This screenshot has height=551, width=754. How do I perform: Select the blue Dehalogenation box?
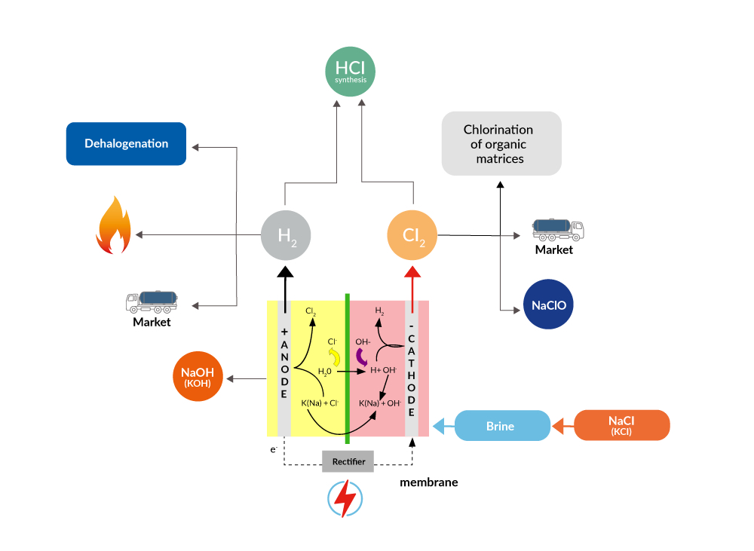(x=126, y=143)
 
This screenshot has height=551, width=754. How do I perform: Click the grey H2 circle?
(x=286, y=236)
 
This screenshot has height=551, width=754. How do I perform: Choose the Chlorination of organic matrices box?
(x=501, y=144)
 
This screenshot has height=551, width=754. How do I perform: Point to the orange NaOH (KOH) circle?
(x=197, y=377)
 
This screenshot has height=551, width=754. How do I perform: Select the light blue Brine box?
(x=500, y=426)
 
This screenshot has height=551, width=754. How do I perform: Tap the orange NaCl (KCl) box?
(x=622, y=425)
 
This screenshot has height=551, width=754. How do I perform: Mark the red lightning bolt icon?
(x=345, y=498)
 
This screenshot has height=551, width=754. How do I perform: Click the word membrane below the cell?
(x=428, y=482)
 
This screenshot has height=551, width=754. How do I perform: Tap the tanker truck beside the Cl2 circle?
(x=558, y=229)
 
